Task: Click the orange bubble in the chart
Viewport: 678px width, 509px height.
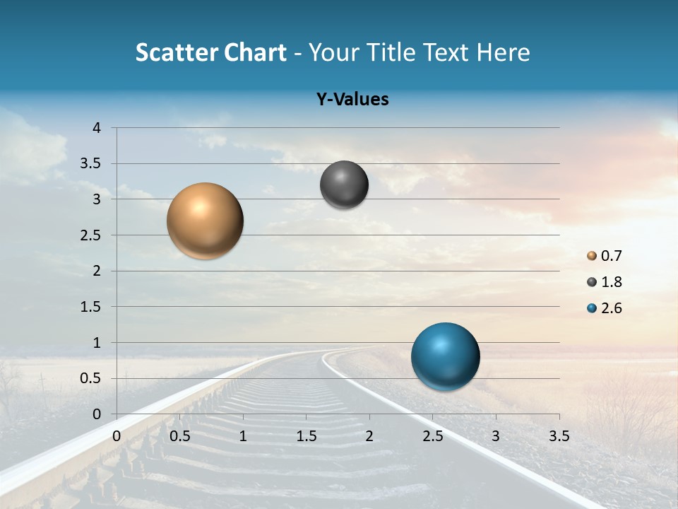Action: tap(205, 221)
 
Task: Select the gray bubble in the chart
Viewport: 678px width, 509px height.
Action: tap(344, 185)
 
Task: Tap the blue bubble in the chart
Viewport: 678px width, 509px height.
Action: tap(445, 356)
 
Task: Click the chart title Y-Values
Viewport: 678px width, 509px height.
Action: tap(352, 100)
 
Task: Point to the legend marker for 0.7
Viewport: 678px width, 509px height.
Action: tap(592, 256)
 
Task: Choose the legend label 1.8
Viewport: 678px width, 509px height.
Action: tap(611, 282)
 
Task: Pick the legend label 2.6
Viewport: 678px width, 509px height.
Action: tap(611, 308)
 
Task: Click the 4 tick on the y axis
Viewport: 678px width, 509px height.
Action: tap(97, 128)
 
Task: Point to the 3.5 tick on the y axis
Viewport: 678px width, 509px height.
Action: tap(90, 164)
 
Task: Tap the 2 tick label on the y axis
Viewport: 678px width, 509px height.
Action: tap(97, 271)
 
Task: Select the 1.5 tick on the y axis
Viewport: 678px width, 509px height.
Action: tap(90, 307)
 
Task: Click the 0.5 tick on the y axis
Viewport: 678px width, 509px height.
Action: tap(90, 378)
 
